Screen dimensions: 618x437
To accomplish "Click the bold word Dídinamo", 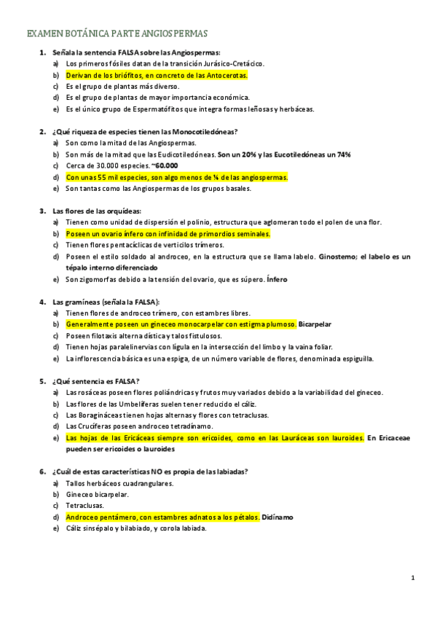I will coord(277,517).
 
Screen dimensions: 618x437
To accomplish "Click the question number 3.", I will coord(42,211).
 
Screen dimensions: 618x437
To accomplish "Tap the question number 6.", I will coord(42,471).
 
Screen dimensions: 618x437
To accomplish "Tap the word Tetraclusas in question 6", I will coord(84,505).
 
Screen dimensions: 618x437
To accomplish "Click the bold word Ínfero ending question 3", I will coord(277,279).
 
